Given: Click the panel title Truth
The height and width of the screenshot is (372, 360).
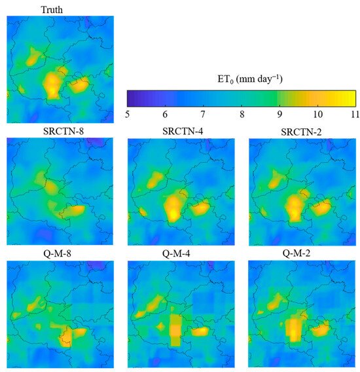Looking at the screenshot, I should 52,8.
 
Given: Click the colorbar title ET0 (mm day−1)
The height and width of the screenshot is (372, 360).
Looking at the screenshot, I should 241,80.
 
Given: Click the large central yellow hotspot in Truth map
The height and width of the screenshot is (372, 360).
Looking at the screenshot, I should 52,84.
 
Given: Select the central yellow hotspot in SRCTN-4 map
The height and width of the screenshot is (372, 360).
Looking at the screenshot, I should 174,208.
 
